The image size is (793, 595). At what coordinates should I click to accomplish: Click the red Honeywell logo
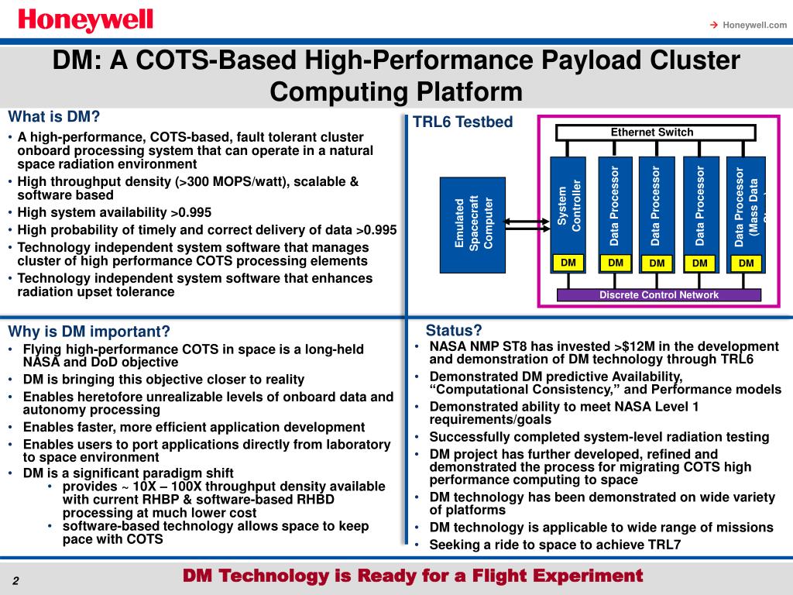pos(86,19)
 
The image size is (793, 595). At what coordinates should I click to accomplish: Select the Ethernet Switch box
pos(652,132)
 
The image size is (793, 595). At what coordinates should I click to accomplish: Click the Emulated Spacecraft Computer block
pos(472,225)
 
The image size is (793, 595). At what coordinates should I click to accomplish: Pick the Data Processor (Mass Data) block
pos(746,206)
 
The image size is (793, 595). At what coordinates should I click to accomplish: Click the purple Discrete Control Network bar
pos(659,295)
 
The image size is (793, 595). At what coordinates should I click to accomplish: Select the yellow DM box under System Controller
pos(569,263)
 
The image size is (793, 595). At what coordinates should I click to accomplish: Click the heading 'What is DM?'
pos(54,117)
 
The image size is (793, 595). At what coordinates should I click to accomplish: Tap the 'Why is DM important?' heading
pos(88,332)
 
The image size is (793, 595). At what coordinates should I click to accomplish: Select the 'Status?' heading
pos(454,330)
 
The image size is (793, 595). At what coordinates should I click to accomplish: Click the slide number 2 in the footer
pos(15,582)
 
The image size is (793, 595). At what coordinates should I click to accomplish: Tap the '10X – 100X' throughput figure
pos(161,487)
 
